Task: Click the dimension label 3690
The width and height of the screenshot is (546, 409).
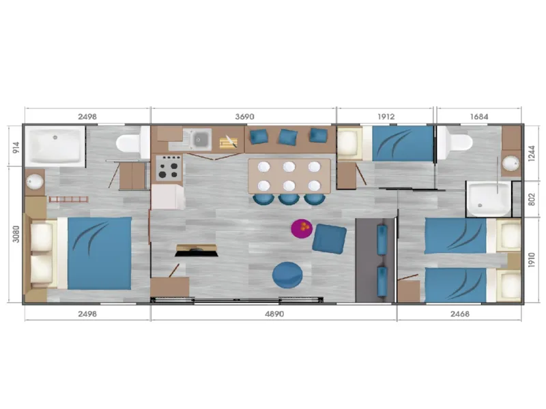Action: (x=244, y=117)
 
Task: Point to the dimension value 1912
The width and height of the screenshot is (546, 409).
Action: (x=386, y=117)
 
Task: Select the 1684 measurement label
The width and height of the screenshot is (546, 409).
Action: (x=479, y=117)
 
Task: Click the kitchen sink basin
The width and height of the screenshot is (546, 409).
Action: (x=200, y=140)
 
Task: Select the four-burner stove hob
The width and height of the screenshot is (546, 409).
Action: (x=169, y=167)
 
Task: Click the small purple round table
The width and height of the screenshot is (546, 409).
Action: (x=301, y=228)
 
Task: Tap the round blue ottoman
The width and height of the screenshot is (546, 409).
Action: (x=287, y=275)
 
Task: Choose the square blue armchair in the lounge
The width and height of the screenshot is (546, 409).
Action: (x=330, y=238)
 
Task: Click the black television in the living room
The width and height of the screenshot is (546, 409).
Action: (x=196, y=249)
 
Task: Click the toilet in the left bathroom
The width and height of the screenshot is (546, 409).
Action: (x=130, y=143)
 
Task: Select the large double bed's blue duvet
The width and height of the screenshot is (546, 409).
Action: (x=97, y=253)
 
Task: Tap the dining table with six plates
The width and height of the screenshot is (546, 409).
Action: (x=289, y=176)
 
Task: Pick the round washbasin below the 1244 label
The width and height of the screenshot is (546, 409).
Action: (x=511, y=164)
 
